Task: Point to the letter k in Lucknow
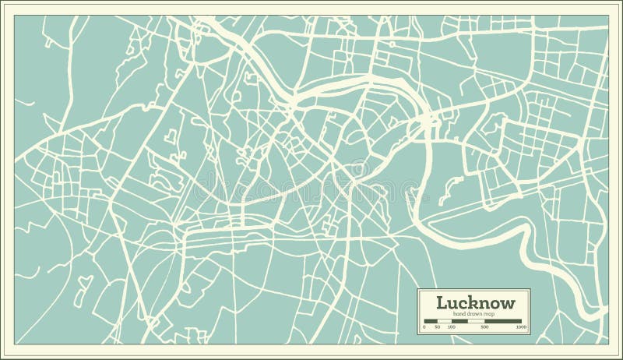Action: (x=471, y=302)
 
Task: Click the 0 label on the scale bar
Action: (x=424, y=327)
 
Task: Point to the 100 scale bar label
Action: (x=452, y=327)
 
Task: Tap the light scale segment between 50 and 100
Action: (x=445, y=321)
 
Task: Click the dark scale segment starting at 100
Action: (x=461, y=321)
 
